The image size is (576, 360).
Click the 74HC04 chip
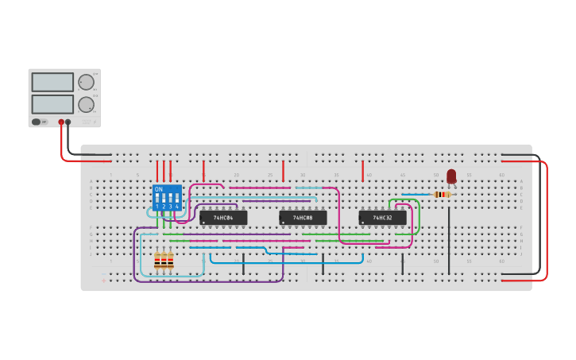click(x=223, y=217)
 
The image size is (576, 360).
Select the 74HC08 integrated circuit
click(x=303, y=217)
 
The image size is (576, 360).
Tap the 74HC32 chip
click(x=382, y=217)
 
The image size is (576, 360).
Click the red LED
click(x=451, y=176)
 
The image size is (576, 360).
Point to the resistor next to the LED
click(x=443, y=194)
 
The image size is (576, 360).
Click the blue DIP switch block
click(x=167, y=197)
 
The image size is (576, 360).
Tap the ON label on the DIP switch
click(x=159, y=189)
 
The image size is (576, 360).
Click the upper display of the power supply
click(x=52, y=82)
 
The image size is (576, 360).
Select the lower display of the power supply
click(x=52, y=104)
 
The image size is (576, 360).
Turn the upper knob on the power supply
click(x=86, y=81)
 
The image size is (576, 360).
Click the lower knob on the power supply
click(x=86, y=104)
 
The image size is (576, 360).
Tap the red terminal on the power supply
click(x=61, y=122)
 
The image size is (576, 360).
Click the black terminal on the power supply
click(x=68, y=122)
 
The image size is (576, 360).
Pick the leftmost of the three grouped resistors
click(x=157, y=261)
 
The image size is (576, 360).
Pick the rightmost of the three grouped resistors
click(x=170, y=261)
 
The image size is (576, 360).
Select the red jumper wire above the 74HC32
click(x=362, y=170)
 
